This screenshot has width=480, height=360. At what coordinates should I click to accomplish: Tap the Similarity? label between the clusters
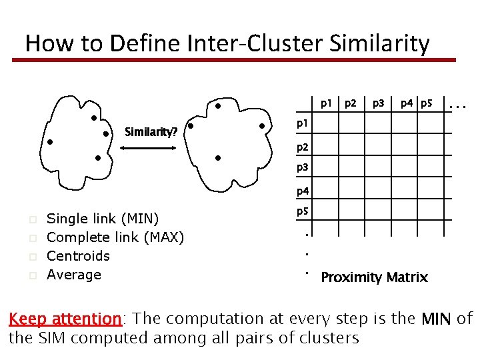point(151,132)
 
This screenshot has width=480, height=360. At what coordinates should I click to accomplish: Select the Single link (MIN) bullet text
point(103,218)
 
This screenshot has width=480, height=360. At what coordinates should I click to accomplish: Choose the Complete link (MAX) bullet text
point(115,237)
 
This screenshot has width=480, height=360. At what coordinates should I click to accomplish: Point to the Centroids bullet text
point(78,255)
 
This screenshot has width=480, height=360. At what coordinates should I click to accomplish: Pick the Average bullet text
point(74,274)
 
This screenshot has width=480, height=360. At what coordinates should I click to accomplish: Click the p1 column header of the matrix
point(326,103)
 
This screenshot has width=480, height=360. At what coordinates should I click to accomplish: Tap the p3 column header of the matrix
point(378,103)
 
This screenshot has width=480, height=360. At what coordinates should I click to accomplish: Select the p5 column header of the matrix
point(427,103)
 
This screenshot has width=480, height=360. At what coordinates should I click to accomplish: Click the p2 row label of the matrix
point(303,147)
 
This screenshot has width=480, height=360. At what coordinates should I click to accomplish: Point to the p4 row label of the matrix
point(303,191)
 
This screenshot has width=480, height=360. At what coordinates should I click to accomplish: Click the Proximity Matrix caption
point(374,277)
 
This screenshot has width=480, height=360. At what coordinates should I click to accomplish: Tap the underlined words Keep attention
point(65,319)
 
